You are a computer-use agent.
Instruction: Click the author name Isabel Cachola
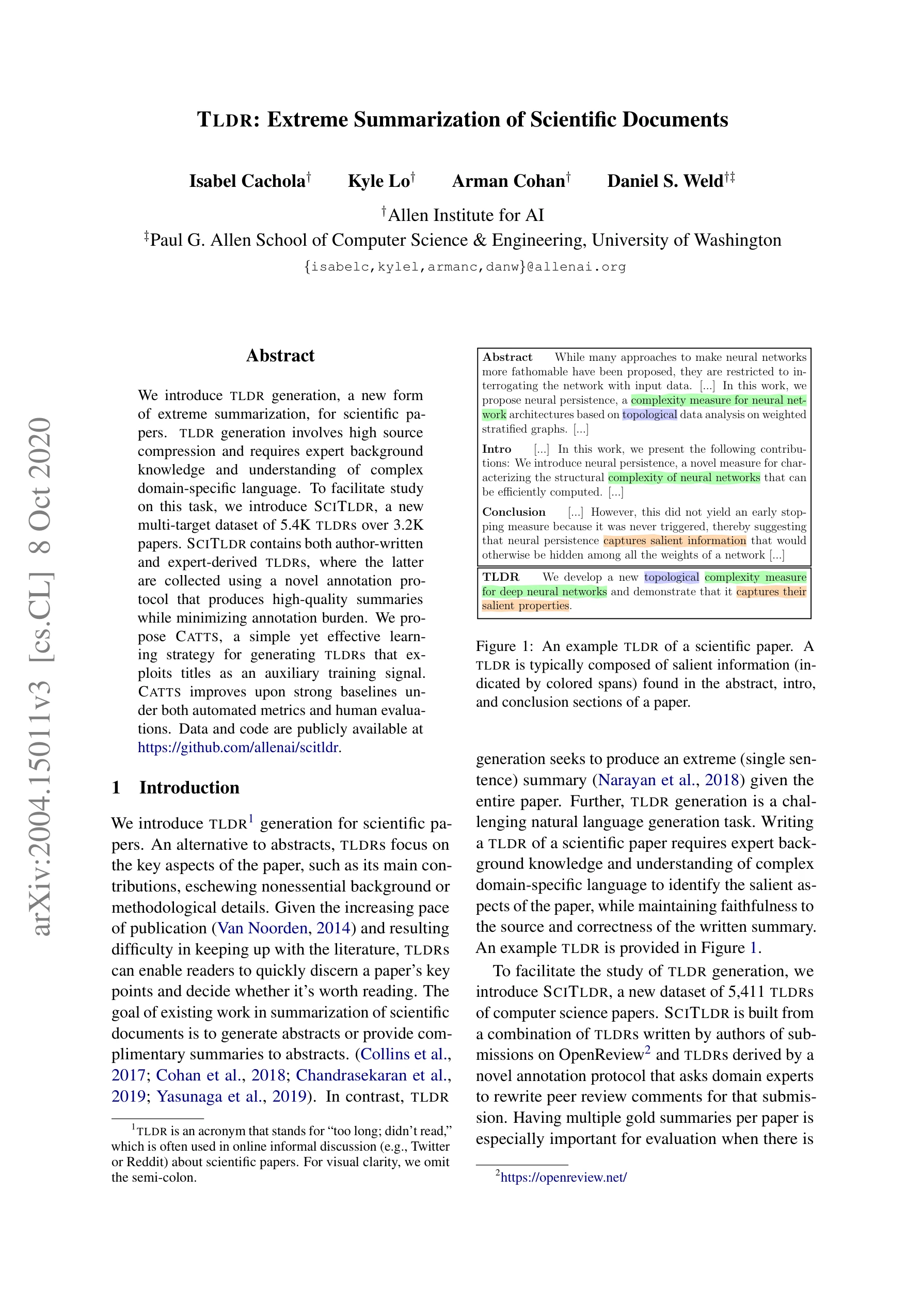point(248,181)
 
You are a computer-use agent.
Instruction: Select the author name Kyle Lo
point(379,181)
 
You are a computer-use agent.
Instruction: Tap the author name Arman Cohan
point(508,181)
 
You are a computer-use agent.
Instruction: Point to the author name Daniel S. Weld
point(665,181)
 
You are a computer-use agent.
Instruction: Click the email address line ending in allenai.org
point(465,267)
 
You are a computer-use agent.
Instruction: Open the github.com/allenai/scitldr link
point(239,748)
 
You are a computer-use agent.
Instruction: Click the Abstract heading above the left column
point(280,356)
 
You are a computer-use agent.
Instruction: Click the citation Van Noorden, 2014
point(284,928)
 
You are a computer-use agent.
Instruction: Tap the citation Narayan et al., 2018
point(668,780)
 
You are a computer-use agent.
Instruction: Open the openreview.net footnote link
point(564,1178)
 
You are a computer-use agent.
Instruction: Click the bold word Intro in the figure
point(497,449)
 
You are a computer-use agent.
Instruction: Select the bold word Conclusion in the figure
point(514,512)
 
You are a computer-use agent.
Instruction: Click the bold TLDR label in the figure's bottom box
point(500,577)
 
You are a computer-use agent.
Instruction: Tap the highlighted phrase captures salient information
point(674,540)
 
